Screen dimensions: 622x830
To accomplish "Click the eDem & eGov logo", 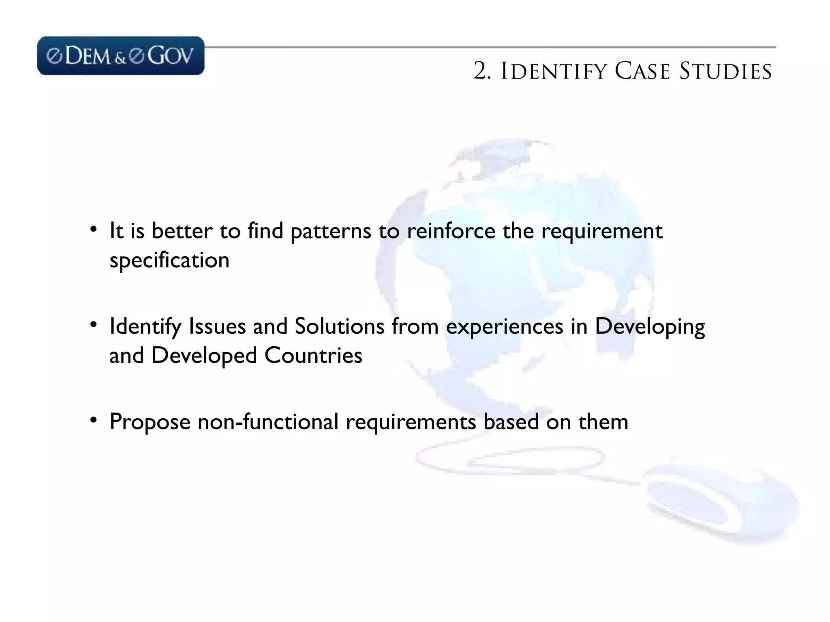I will click(121, 56).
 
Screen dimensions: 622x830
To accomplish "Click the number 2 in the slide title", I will click(481, 72).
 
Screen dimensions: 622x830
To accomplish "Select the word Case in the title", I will click(642, 72).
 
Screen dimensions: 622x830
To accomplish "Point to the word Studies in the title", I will click(725, 72).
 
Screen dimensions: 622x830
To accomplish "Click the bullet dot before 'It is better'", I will click(94, 230).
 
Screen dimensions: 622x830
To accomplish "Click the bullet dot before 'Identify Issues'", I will click(94, 325).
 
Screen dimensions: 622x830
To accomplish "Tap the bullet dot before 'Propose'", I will click(94, 420).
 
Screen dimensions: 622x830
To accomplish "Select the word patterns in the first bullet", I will click(331, 232).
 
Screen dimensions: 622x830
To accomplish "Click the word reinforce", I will click(451, 231).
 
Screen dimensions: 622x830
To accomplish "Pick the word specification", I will click(169, 260).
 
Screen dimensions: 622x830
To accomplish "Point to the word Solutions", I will click(339, 326).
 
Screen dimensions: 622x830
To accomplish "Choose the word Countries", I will click(313, 356).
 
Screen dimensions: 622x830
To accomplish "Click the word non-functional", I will click(268, 422).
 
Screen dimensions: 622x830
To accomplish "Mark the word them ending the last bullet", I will click(603, 422).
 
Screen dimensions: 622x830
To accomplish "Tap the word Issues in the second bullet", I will click(217, 326).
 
